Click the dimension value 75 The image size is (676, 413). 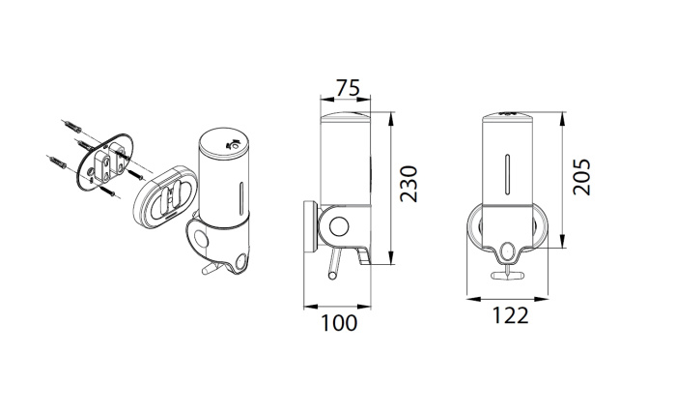[348, 88]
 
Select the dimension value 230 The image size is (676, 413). [408, 184]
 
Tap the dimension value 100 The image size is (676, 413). [339, 323]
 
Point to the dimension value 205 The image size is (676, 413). [581, 177]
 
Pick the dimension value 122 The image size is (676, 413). [510, 315]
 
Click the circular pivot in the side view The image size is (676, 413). [339, 226]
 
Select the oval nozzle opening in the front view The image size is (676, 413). [508, 251]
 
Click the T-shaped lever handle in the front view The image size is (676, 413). [508, 274]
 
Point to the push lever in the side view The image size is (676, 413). [334, 265]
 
